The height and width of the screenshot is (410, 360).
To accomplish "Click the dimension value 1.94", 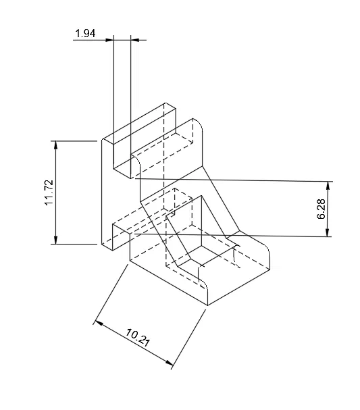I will click(85, 33).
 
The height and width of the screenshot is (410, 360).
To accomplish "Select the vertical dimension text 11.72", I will click(49, 193).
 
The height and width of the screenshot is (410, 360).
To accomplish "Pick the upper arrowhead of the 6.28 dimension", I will click(329, 184).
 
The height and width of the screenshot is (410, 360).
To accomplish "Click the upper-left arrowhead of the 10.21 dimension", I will click(97, 322).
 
